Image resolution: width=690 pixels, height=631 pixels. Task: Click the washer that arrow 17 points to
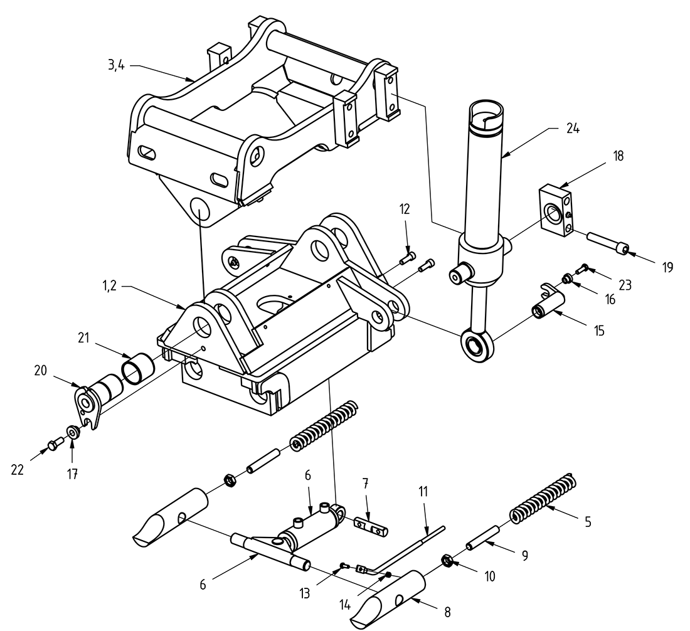tap(73, 432)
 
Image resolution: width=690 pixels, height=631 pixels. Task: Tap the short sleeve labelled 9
tap(484, 539)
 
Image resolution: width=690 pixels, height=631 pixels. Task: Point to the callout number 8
tap(447, 612)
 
